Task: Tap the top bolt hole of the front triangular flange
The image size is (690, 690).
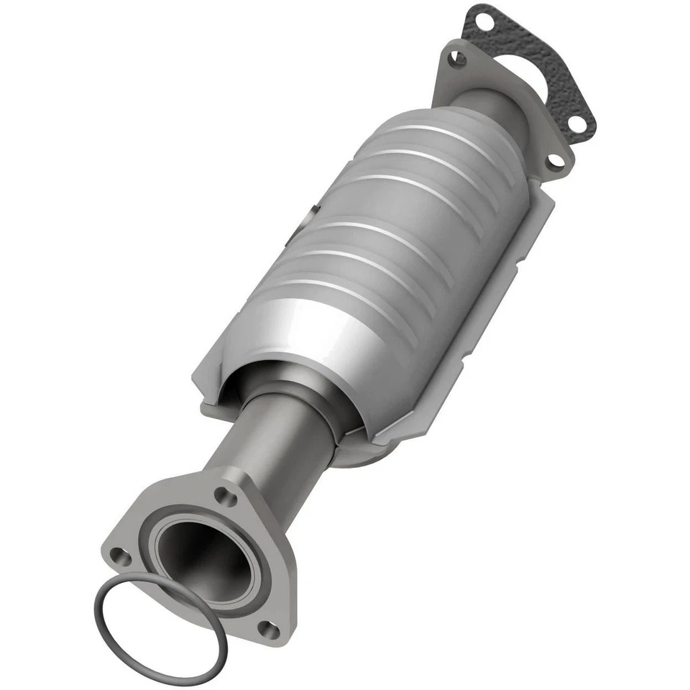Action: click(x=227, y=494)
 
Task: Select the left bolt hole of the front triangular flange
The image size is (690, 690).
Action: click(x=118, y=554)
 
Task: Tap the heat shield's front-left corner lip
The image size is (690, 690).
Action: click(x=205, y=388)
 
